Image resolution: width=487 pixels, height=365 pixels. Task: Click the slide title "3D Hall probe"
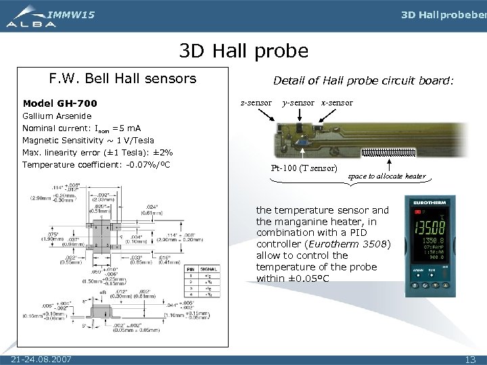coord(243,51)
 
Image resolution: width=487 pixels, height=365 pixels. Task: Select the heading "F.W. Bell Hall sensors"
coord(122,79)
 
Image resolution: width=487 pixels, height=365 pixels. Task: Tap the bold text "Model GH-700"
coord(60,103)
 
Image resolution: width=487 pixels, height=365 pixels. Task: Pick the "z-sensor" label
coord(256,103)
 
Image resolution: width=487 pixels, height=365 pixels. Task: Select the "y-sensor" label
coord(298,103)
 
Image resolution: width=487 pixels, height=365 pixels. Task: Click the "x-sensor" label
coord(336,103)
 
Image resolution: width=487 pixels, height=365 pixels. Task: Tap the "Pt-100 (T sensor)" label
coord(304,167)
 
